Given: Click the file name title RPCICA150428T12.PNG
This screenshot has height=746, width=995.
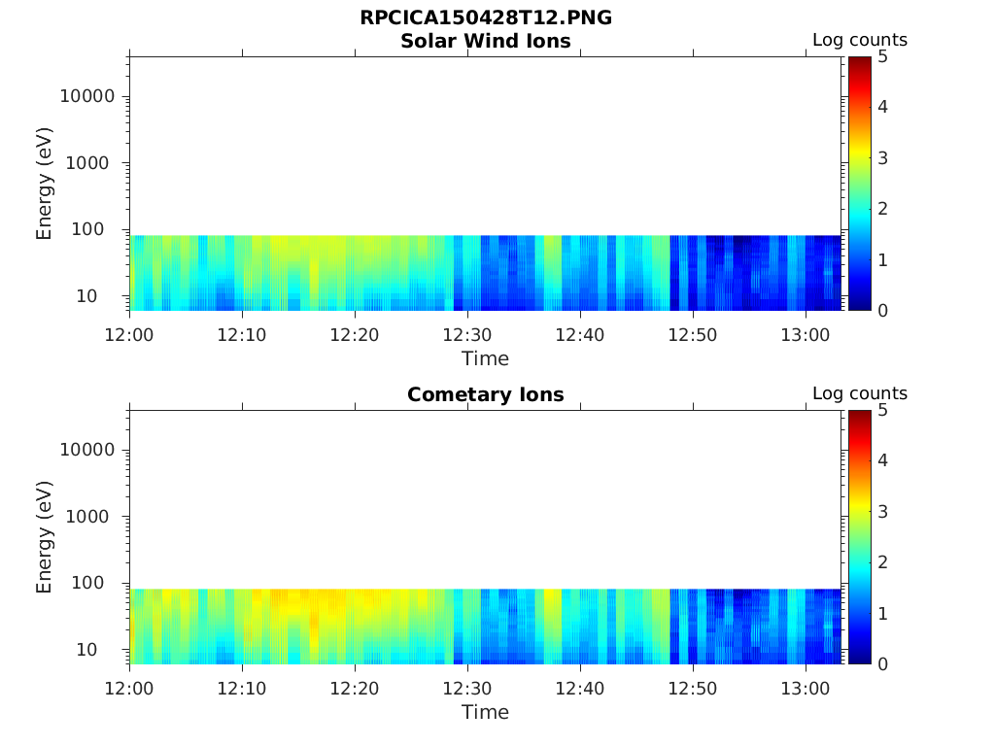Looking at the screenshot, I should (x=485, y=18).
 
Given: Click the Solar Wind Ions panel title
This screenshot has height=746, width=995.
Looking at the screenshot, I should (x=485, y=41).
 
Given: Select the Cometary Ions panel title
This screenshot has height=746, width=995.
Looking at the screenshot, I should (x=485, y=394).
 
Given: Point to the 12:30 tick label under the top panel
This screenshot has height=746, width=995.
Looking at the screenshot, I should (x=467, y=335).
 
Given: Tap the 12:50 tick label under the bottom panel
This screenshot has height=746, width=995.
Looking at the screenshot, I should (x=693, y=689).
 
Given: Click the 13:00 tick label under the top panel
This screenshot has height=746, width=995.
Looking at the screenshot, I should (x=806, y=335).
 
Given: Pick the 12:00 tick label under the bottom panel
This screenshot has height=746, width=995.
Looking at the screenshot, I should (x=129, y=689).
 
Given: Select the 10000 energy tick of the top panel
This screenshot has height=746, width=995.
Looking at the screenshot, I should (x=87, y=96).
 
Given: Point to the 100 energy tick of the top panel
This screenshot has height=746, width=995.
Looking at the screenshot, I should (x=97, y=229).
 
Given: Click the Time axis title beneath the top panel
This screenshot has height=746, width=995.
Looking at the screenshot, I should (x=485, y=358).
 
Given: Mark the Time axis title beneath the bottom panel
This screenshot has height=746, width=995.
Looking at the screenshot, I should (x=485, y=712).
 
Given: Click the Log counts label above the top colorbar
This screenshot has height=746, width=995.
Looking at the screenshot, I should (x=859, y=40).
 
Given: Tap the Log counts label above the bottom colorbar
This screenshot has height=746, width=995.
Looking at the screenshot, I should (x=859, y=393).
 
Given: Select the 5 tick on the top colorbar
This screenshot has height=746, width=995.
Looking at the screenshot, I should (x=882, y=56).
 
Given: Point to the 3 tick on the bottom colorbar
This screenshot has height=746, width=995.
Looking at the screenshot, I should (x=882, y=511).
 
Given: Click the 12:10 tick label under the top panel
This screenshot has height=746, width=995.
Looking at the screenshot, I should (x=242, y=335).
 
